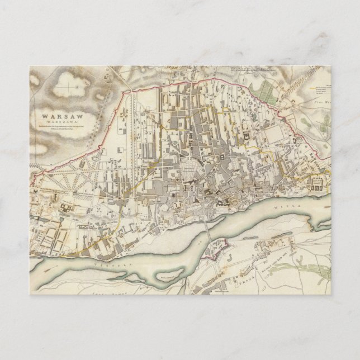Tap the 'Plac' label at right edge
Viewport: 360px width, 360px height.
(320, 102)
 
